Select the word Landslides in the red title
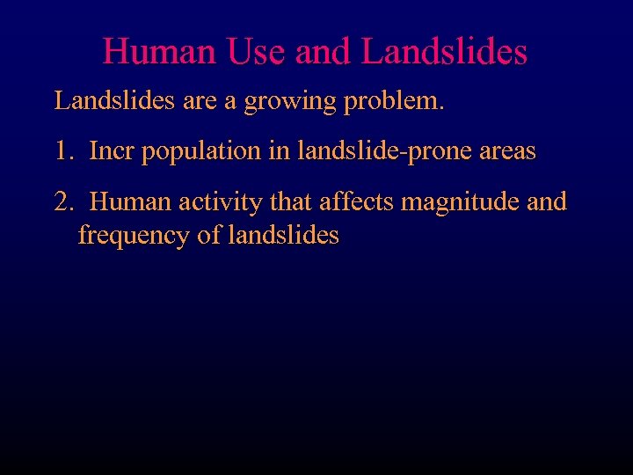(x=444, y=51)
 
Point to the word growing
(x=290, y=101)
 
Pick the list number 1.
(x=62, y=151)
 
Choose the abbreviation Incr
(x=113, y=151)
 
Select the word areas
(x=506, y=151)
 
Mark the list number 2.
(x=62, y=202)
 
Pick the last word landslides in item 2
(x=283, y=236)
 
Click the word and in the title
(x=323, y=51)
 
